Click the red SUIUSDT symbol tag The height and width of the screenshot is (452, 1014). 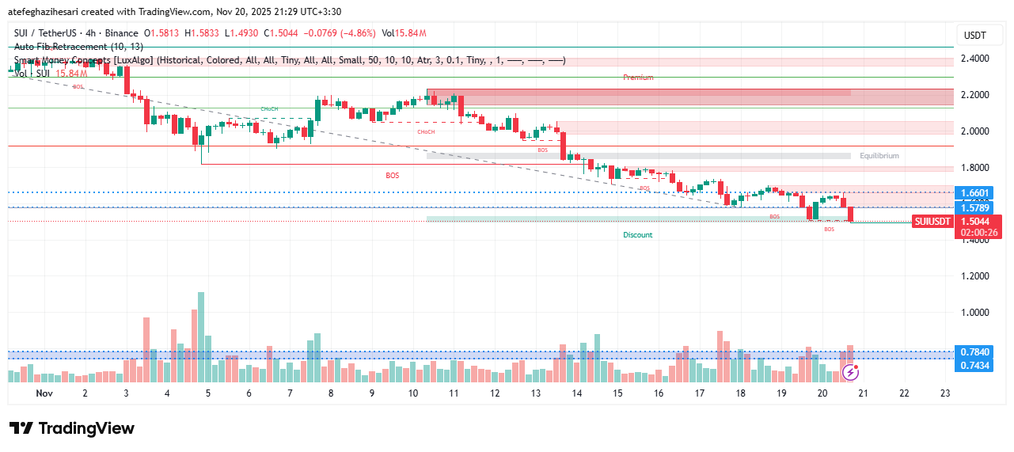pos(932,222)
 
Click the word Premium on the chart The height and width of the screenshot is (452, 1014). pos(638,78)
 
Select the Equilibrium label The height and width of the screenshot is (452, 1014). pos(879,156)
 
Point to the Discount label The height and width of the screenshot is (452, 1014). pos(637,235)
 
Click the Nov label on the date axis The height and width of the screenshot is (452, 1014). pos(44,393)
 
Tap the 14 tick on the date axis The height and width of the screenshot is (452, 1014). pos(576,393)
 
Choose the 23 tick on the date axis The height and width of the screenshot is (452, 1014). pos(944,393)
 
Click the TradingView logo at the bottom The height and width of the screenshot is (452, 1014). pos(72,428)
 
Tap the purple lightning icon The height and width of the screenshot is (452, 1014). pos(850,371)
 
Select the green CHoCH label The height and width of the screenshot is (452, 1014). pos(269,108)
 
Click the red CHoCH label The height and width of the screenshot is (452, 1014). pos(426,131)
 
